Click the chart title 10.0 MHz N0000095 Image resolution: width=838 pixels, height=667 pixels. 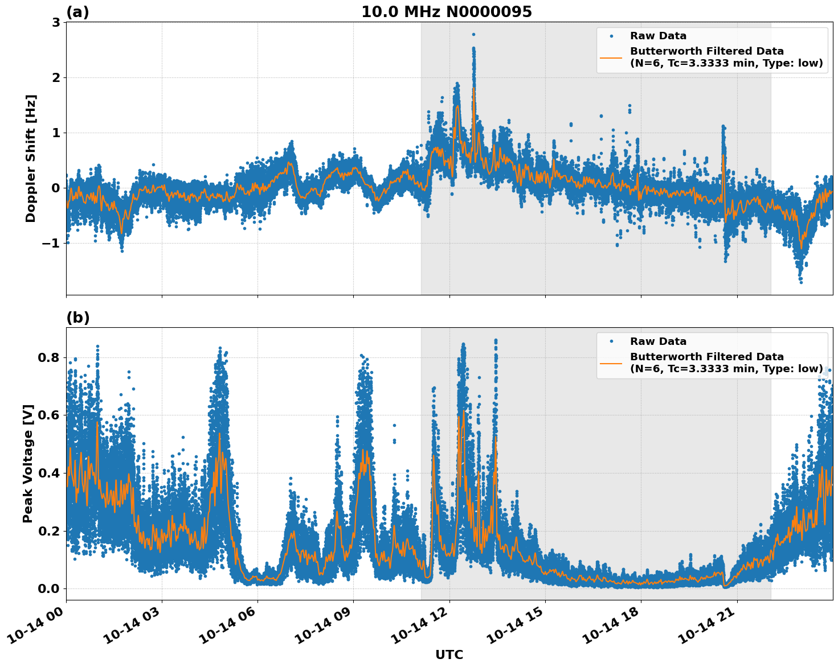[446, 12]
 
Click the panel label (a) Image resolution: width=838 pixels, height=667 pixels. [77, 12]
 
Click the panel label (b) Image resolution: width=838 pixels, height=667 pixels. [77, 318]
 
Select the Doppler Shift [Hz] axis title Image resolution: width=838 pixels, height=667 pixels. [31, 158]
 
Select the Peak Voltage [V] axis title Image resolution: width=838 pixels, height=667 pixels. [28, 463]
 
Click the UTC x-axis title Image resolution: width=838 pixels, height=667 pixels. [449, 654]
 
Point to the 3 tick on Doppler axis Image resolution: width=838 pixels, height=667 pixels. [56, 23]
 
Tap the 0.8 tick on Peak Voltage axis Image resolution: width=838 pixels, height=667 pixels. [49, 358]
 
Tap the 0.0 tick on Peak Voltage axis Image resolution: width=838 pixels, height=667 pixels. [49, 588]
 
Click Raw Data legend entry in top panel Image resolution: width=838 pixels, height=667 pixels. [658, 36]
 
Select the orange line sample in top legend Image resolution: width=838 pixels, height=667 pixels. [611, 57]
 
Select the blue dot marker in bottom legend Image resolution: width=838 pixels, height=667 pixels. [611, 341]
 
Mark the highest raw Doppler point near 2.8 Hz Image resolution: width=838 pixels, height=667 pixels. [473, 34]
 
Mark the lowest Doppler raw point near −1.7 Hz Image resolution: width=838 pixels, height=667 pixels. [800, 282]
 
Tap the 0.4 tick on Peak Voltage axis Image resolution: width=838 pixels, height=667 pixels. [49, 473]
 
